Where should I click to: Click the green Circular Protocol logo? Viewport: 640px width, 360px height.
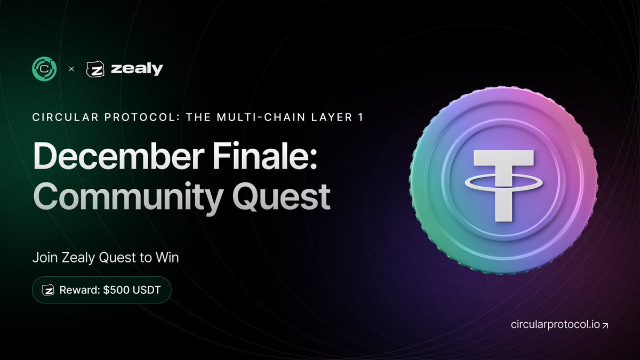pyautogui.click(x=44, y=69)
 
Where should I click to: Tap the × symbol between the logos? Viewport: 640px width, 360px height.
pyautogui.click(x=71, y=69)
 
